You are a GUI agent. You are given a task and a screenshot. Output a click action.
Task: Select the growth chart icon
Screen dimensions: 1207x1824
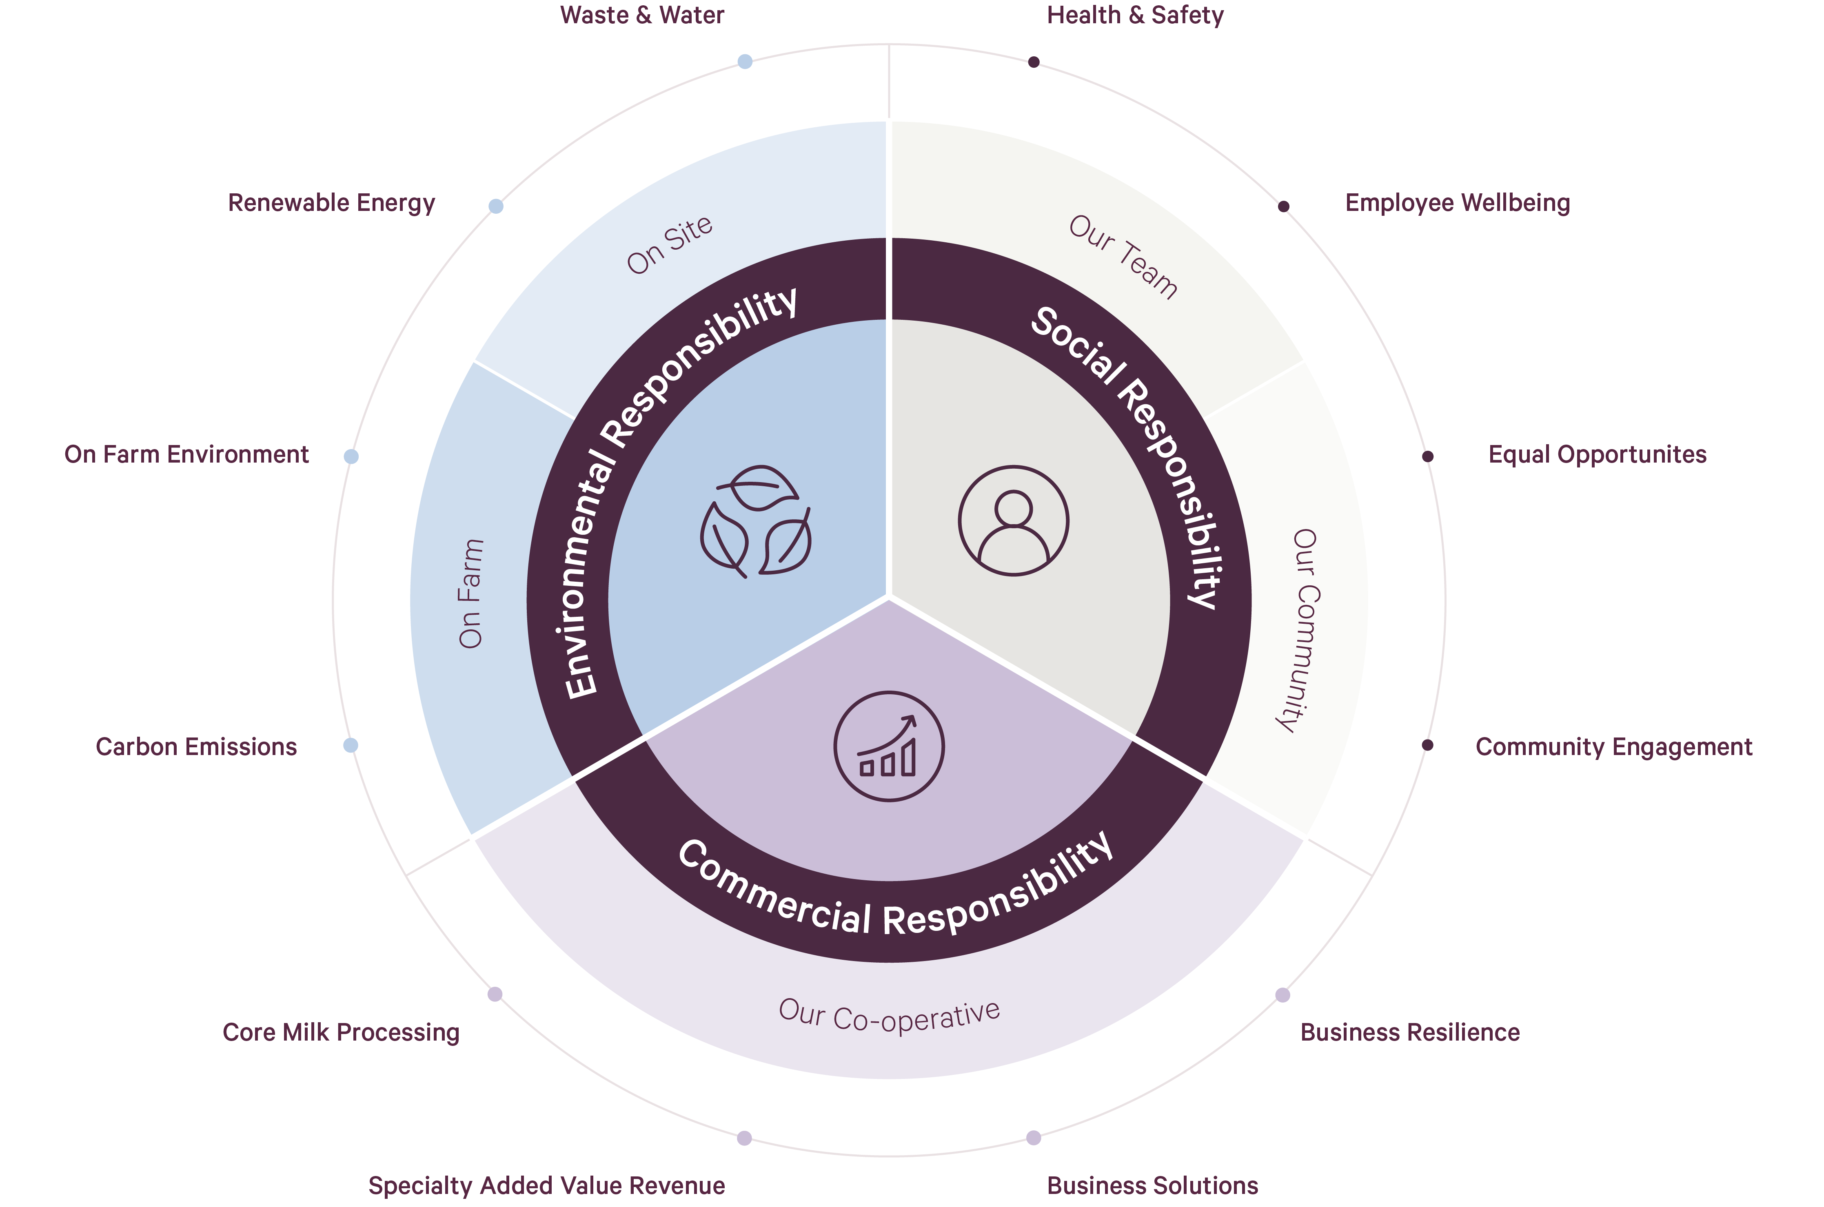point(888,746)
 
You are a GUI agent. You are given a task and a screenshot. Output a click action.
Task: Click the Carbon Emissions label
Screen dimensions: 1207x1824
point(196,747)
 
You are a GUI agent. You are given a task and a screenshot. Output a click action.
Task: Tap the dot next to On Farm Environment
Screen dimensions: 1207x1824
point(351,456)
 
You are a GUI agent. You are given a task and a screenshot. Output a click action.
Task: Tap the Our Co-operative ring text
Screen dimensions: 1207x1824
point(889,1016)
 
